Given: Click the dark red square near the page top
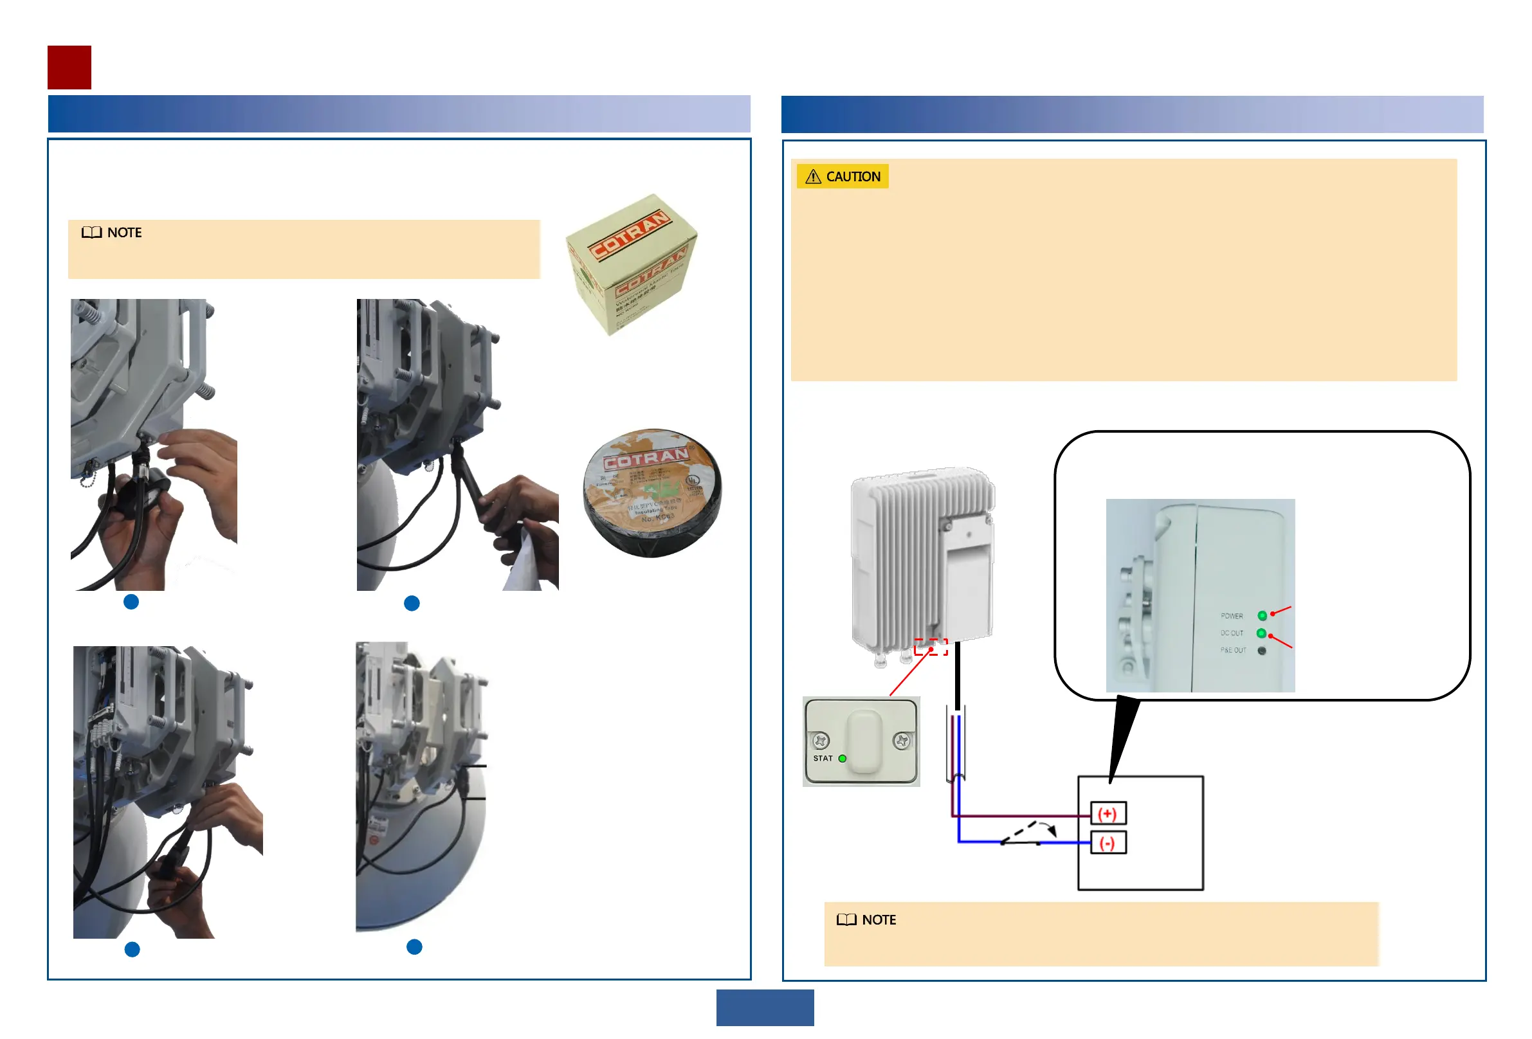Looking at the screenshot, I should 69,68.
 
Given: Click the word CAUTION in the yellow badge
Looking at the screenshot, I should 853,177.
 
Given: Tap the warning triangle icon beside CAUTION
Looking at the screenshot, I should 813,177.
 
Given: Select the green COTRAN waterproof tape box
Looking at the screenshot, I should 631,264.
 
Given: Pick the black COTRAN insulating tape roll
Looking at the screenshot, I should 652,492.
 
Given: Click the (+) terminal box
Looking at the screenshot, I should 1108,813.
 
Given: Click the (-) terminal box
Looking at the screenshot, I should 1108,843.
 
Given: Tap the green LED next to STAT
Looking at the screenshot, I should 842,758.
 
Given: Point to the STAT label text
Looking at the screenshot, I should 823,758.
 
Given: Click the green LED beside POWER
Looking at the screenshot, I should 1262,616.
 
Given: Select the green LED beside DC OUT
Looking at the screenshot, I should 1261,633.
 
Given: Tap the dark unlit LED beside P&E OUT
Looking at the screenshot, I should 1262,650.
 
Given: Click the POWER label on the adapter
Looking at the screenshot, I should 1232,616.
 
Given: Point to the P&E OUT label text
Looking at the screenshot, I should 1233,650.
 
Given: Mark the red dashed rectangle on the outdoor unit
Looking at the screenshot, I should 931,647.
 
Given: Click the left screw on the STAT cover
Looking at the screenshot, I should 821,741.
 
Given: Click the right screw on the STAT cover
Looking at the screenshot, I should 902,741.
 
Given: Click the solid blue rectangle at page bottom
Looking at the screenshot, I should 765,1007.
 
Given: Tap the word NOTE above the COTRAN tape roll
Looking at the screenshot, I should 124,233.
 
